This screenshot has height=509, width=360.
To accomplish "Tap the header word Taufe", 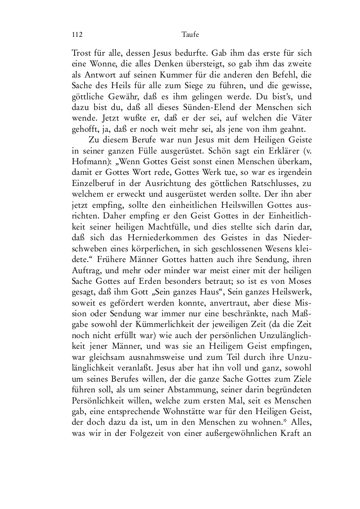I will click(x=190, y=34).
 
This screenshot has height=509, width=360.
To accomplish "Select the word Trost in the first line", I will click(x=81, y=52).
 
